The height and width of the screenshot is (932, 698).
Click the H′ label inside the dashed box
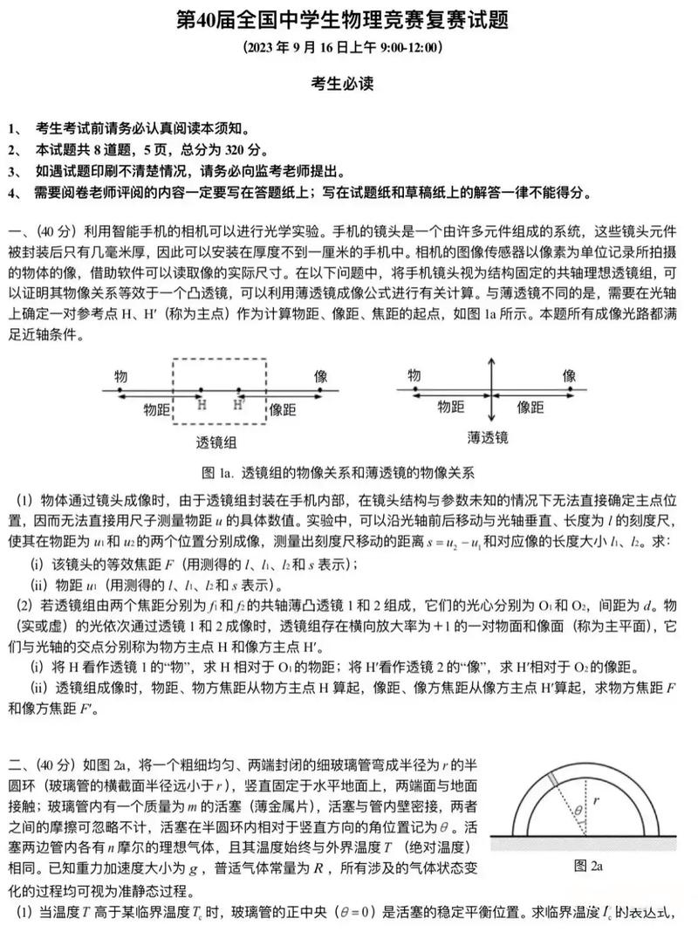pos(237,404)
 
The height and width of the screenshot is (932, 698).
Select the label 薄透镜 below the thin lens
pos(488,436)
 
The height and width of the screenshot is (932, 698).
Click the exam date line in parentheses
pos(348,47)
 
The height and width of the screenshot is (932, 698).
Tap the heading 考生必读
pos(348,85)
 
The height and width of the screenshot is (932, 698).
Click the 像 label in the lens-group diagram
pos(321,376)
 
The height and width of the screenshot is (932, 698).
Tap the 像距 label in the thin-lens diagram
pos(530,407)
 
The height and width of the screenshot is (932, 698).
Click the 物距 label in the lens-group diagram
pos(157,408)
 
